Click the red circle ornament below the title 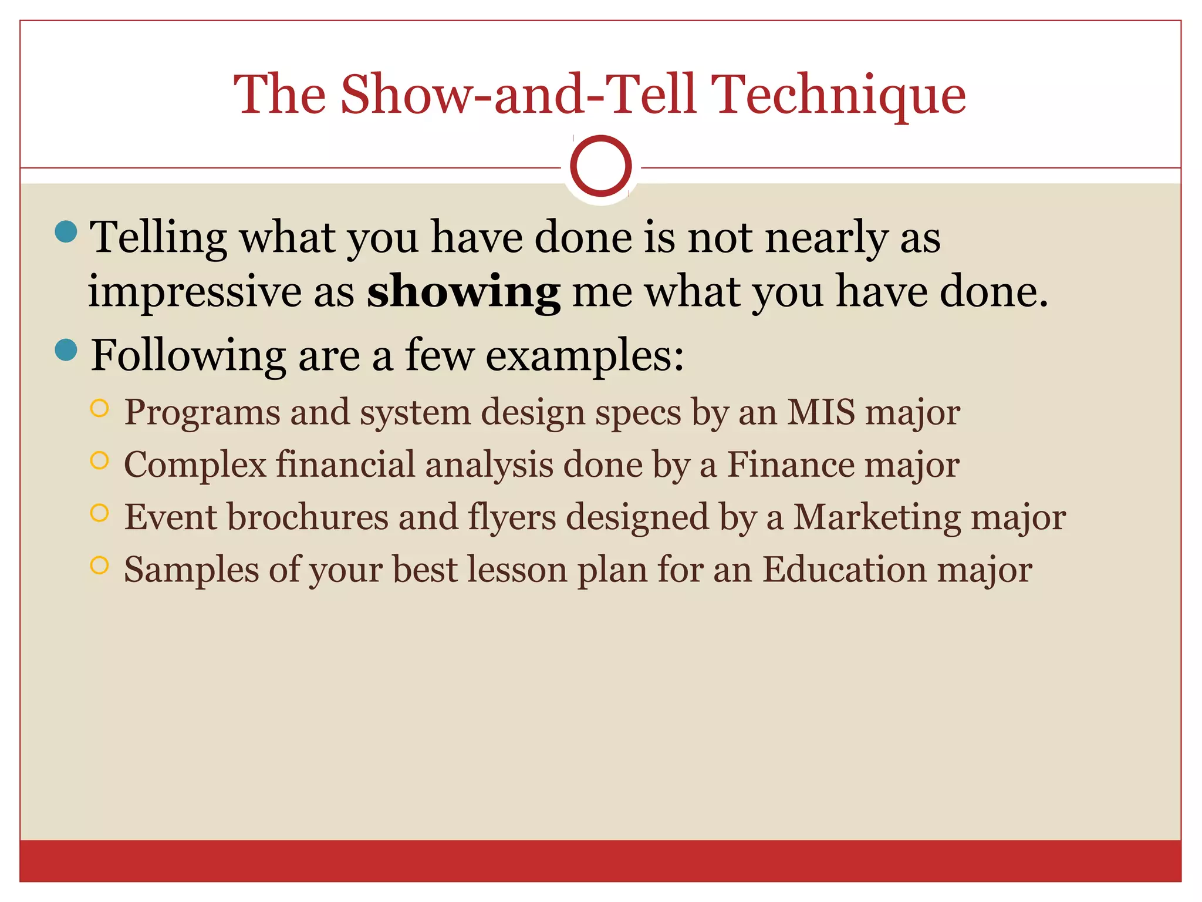click(600, 166)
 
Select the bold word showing click(463, 292)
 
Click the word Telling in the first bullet click(158, 238)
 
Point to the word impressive click(194, 292)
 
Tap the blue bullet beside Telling click(66, 231)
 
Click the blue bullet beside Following click(66, 350)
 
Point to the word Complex click(195, 466)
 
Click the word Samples click(191, 570)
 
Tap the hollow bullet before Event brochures click(100, 513)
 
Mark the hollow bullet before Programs click(100, 408)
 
